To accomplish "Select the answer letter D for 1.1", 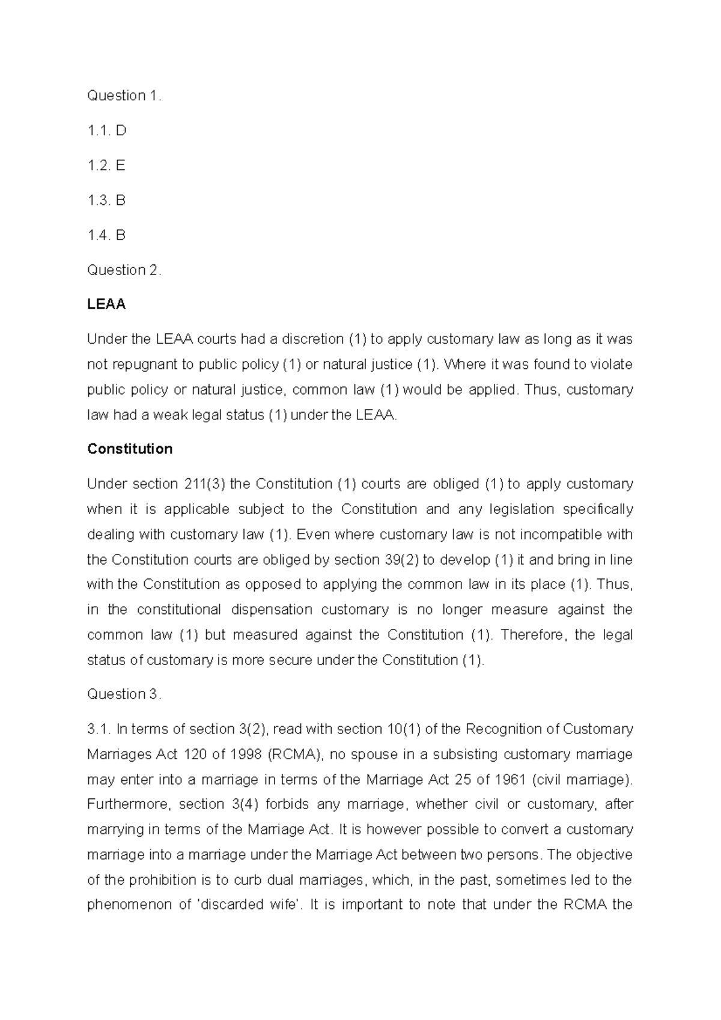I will point(121,130).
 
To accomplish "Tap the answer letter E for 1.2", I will point(120,165).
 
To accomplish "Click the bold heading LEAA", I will point(106,305).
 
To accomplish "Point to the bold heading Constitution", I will point(130,449).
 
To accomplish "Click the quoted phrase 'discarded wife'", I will point(248,905).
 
